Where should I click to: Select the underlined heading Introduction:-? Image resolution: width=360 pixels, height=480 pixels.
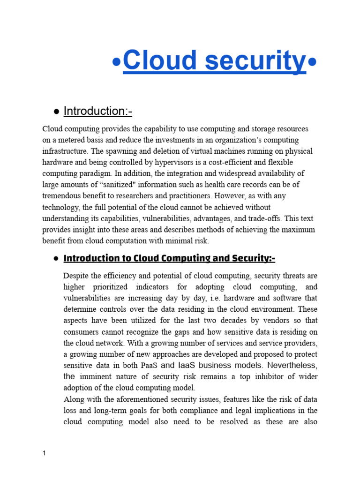[98, 111]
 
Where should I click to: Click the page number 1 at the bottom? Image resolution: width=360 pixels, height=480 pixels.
[44, 454]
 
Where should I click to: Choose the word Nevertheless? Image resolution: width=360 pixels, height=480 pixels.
[292, 365]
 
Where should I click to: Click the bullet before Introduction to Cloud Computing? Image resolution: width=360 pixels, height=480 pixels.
[56, 259]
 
